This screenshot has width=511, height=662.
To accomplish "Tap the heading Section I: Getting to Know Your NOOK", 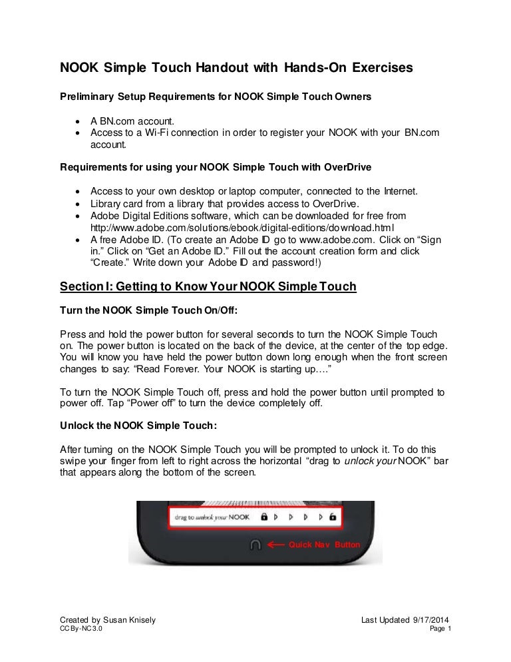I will pos(208,286).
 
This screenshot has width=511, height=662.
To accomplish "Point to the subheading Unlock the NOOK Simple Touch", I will pos(138,424).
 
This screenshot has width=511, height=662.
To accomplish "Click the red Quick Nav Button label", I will pos(324,545).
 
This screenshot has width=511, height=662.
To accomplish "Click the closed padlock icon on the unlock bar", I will pos(263,516).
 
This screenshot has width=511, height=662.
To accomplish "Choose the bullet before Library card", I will pos(79,204).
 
